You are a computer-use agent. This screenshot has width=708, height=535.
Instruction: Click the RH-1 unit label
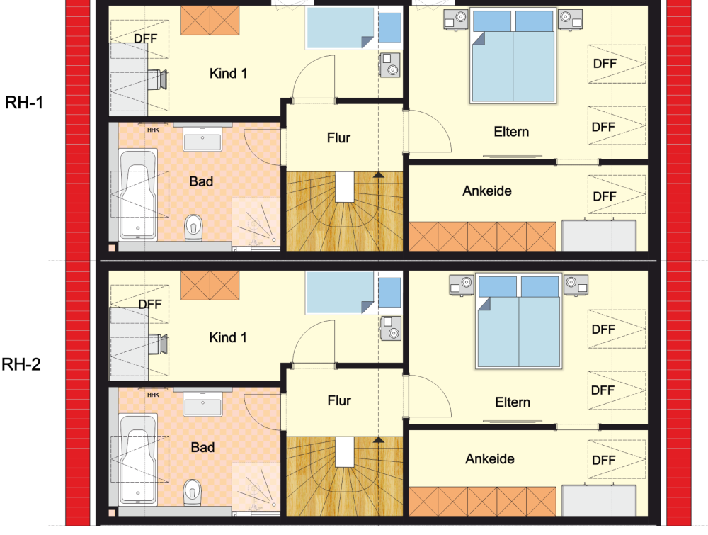24,103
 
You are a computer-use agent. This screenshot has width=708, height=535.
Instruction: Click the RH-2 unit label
21,364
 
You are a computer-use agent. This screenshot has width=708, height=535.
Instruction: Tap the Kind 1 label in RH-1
228,73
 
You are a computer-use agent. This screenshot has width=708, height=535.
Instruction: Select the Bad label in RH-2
202,447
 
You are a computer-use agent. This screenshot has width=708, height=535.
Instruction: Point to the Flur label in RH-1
338,137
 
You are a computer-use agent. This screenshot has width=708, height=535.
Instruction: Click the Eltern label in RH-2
513,402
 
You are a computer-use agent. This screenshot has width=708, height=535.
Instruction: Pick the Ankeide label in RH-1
487,191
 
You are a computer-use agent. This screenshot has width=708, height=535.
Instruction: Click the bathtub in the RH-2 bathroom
138,459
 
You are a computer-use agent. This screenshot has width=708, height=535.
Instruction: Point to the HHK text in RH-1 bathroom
153,130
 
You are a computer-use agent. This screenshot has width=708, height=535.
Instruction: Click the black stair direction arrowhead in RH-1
378,174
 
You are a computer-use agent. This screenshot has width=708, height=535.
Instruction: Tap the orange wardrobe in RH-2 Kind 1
210,285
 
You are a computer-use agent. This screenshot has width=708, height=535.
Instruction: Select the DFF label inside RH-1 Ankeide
605,196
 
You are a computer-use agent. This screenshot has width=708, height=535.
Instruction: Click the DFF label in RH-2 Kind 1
150,304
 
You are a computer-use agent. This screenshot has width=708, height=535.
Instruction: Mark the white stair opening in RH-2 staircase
344,452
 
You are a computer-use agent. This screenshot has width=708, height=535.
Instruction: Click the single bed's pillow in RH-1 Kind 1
389,28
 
